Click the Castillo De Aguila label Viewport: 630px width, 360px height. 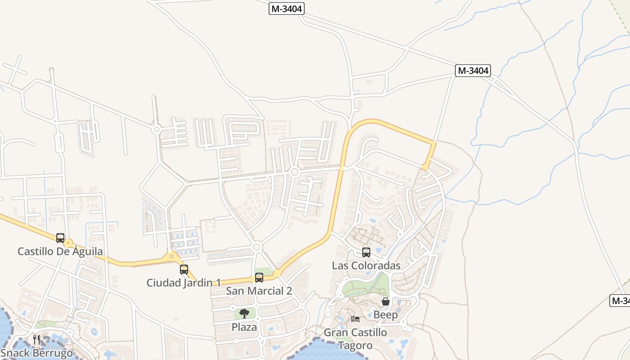tap(60, 252)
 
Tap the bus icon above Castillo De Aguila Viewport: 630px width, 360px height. tap(60, 238)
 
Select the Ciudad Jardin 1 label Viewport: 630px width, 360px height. tap(184, 283)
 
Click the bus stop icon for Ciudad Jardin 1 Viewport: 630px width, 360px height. tap(184, 270)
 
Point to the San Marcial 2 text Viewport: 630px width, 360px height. tap(259, 291)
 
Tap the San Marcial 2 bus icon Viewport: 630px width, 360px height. tap(259, 278)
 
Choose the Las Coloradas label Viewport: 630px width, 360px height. tap(366, 265)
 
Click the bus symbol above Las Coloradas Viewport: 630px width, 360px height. tap(366, 252)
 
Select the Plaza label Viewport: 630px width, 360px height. tap(244, 327)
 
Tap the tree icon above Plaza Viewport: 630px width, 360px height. tap(244, 314)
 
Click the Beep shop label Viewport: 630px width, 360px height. tap(386, 315)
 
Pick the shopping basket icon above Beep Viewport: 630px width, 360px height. tap(386, 301)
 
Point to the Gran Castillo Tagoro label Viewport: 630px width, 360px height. tap(355, 339)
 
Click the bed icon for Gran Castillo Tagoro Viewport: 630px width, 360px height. tap(355, 319)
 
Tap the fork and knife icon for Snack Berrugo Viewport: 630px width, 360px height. tap(36, 339)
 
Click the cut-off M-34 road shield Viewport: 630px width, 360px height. tap(620, 301)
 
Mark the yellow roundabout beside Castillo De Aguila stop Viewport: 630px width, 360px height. tap(68, 244)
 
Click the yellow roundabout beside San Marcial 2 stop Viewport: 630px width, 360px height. tap(277, 273)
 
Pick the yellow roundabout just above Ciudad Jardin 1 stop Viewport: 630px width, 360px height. tap(171, 257)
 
